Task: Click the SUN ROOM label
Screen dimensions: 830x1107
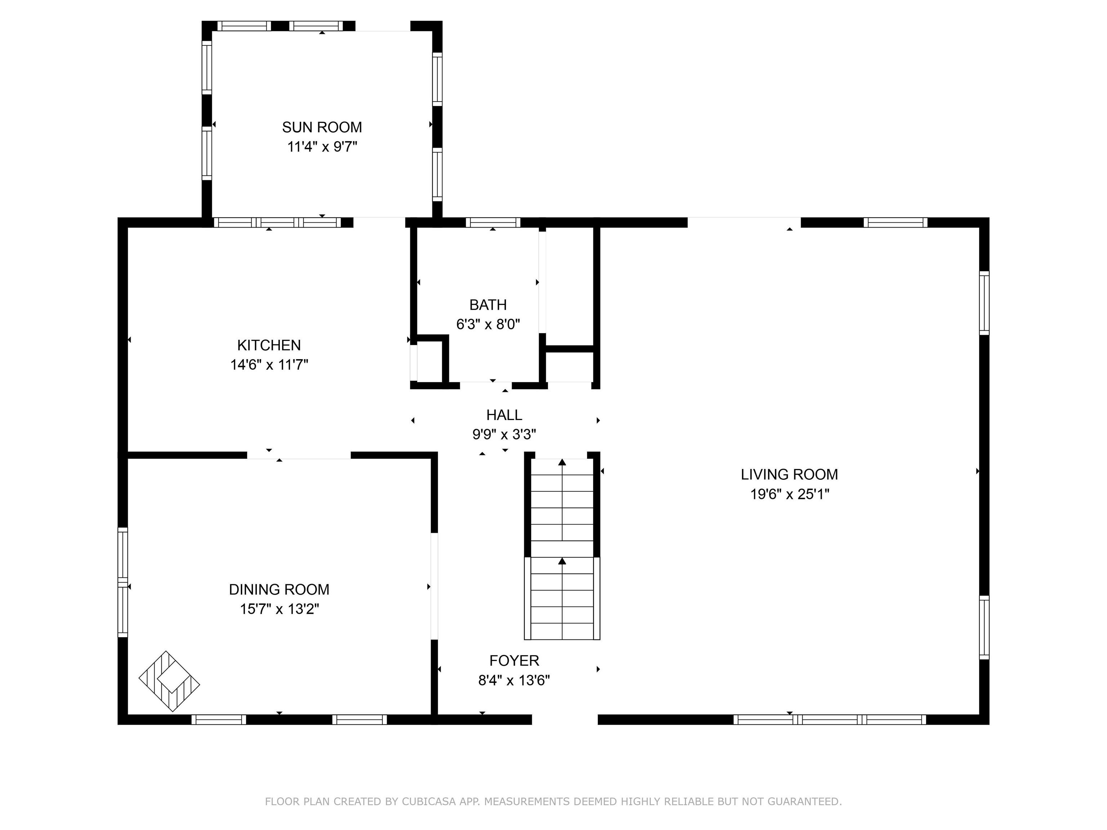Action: point(322,127)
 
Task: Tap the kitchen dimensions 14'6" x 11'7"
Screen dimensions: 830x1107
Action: point(269,365)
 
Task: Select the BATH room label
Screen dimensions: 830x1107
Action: point(488,305)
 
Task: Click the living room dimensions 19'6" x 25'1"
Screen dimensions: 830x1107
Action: point(789,494)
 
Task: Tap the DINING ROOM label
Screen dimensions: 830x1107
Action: point(279,589)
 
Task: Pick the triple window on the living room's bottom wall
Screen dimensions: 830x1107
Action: point(829,719)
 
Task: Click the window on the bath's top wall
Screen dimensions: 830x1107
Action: point(493,223)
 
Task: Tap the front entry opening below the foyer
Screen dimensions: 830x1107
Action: point(565,719)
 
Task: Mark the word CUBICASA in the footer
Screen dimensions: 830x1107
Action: point(429,802)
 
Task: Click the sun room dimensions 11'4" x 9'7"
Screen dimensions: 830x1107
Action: point(322,147)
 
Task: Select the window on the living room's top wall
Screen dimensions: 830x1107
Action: point(895,223)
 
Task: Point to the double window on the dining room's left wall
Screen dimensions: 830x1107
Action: point(123,583)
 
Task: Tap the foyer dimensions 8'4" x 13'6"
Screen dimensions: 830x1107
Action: point(514,680)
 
